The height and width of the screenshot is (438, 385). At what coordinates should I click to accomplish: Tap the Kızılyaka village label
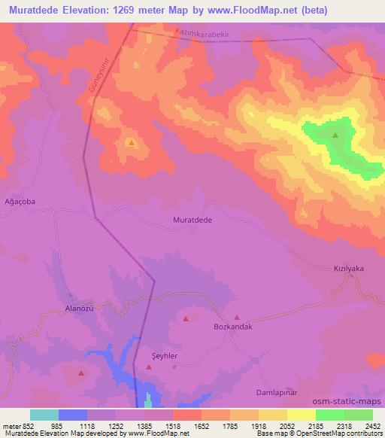click(349, 268)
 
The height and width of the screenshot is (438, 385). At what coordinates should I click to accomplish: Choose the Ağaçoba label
click(20, 202)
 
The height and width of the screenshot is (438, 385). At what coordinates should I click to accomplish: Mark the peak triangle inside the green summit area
click(335, 135)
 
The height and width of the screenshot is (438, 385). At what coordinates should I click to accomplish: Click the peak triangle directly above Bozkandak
click(237, 318)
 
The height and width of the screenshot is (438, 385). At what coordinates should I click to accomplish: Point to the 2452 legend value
click(372, 425)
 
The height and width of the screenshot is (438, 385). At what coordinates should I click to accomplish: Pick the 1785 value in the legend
click(229, 425)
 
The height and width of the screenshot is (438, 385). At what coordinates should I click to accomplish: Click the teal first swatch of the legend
click(44, 415)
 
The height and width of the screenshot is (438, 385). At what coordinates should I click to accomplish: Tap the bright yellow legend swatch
click(301, 415)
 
